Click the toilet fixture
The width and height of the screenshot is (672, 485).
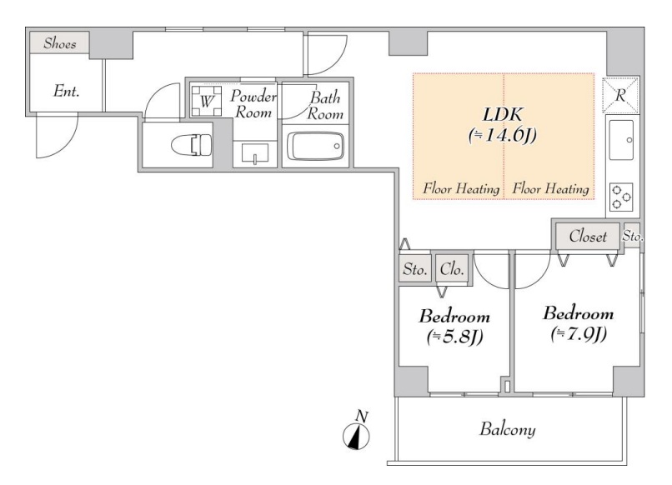coord(192,145)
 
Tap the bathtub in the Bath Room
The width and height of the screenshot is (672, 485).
coord(315,146)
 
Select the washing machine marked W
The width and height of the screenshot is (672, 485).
coord(207,101)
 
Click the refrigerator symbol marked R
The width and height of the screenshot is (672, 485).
coord(620,96)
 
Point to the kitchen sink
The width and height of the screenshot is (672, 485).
coord(621,140)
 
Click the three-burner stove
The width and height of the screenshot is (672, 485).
coord(621,197)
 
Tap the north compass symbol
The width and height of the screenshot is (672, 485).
coord(357,432)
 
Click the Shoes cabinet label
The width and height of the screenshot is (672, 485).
coord(60,43)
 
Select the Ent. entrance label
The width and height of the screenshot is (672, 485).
coord(67,91)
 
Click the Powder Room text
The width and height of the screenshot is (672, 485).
coord(253,104)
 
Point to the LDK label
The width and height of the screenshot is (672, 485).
coord(503,115)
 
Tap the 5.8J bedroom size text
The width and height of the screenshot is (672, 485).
coord(455,337)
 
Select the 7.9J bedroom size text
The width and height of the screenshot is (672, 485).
coord(579,335)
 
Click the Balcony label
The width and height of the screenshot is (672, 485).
coord(508,429)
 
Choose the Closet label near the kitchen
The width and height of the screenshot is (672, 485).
coord(588,236)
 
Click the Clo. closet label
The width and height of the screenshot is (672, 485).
coord(452,269)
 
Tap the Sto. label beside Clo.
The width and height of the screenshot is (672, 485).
coord(415,269)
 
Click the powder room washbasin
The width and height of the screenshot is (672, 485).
coord(255,154)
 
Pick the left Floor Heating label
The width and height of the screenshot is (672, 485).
coord(461,188)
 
